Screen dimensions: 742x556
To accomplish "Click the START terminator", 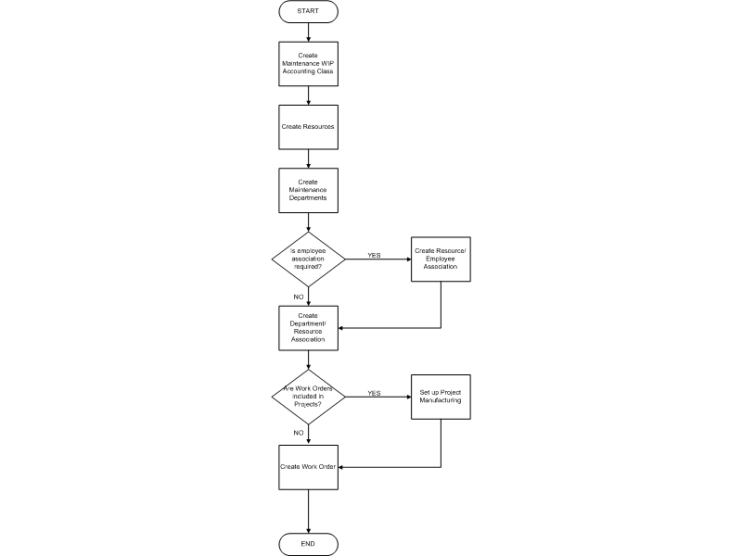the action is pyautogui.click(x=308, y=11).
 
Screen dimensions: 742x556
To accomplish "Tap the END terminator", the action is pyautogui.click(x=308, y=544).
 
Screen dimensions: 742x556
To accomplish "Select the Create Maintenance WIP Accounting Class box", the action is pyautogui.click(x=308, y=64).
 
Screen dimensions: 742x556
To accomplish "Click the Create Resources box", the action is pyautogui.click(x=308, y=127).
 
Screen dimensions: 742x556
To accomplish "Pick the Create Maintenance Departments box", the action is pyautogui.click(x=308, y=191).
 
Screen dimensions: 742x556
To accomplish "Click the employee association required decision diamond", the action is pyautogui.click(x=308, y=259).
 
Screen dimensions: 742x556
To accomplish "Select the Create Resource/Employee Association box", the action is pyautogui.click(x=441, y=259).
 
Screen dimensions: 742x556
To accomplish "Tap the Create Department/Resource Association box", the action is pyautogui.click(x=308, y=328).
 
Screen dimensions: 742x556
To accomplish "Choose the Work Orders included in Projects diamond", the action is pyautogui.click(x=308, y=397).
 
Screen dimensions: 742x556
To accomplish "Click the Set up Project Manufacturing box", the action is pyautogui.click(x=441, y=397).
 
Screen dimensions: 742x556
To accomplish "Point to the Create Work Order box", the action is pyautogui.click(x=308, y=467).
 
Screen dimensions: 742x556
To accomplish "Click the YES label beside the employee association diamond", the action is pyautogui.click(x=374, y=256).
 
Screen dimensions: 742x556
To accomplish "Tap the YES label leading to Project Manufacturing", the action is pyautogui.click(x=374, y=393).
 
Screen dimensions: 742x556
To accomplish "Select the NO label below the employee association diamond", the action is pyautogui.click(x=298, y=297).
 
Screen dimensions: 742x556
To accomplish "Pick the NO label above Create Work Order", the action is pyautogui.click(x=298, y=433).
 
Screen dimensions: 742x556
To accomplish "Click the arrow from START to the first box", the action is pyautogui.click(x=309, y=32).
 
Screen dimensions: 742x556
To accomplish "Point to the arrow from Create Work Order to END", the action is pyautogui.click(x=309, y=512).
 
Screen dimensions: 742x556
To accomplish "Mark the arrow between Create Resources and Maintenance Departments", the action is pyautogui.click(x=309, y=158).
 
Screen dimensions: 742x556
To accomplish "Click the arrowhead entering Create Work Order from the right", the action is pyautogui.click(x=340, y=467).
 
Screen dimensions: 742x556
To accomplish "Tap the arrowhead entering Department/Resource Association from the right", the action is pyautogui.click(x=340, y=328).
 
